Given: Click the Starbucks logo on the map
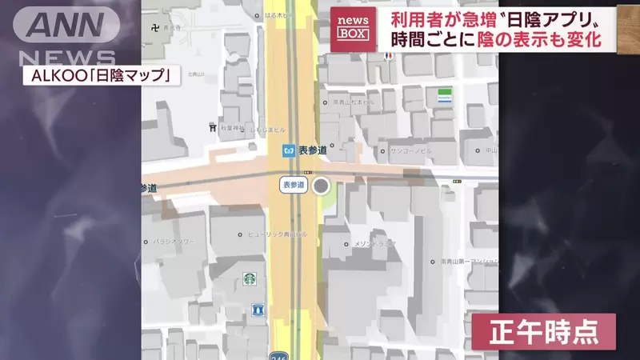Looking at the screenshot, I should [250, 278].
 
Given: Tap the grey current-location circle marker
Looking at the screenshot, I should [321, 186].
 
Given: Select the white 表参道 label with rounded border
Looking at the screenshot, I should [293, 185].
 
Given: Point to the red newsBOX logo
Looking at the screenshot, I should [352, 29].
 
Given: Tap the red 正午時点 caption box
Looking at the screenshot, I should [543, 331].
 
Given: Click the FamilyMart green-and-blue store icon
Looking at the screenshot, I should [445, 98].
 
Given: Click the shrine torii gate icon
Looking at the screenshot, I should [212, 127].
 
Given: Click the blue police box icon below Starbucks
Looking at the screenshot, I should [257, 308].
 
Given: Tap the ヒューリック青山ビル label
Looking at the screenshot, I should [277, 234].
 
